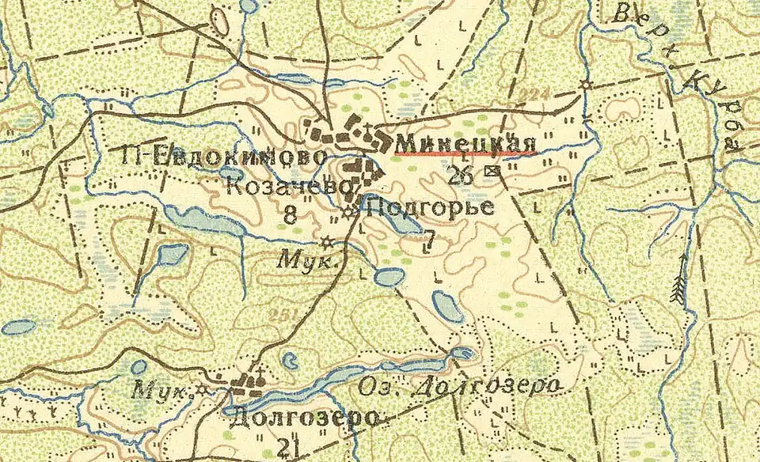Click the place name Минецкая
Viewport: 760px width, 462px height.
coord(466,142)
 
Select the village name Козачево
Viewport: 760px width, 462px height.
coord(289,187)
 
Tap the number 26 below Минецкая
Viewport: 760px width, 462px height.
coord(462,175)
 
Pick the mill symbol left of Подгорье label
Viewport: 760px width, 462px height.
coord(349,211)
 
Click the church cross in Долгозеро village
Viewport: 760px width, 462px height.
coord(257,372)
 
